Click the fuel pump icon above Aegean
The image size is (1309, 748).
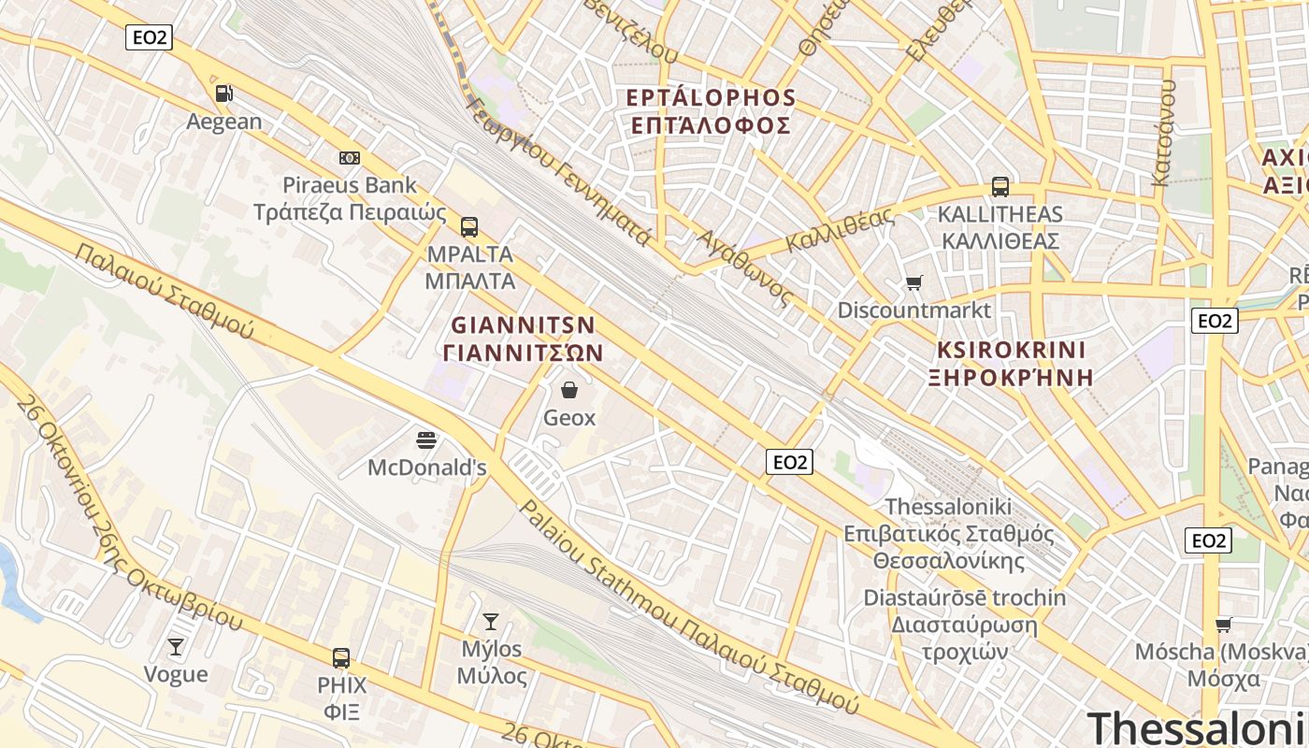[x=223, y=93]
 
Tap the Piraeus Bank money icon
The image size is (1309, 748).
[x=350, y=158]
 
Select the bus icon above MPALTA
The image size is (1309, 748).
[x=469, y=226]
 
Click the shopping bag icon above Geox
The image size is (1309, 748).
[x=568, y=390]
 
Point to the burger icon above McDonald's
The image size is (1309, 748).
[x=426, y=439]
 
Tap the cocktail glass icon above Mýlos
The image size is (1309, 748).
[x=490, y=621]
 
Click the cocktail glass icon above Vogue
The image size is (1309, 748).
[x=176, y=646]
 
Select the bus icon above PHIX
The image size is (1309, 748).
[x=341, y=657]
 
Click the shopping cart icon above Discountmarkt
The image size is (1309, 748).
[x=913, y=282]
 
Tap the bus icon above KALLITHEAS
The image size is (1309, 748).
[x=1000, y=186]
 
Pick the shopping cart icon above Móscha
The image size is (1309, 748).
[x=1223, y=625]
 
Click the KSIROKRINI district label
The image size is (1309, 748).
[x=1012, y=351]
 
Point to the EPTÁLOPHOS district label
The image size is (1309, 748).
[x=711, y=98]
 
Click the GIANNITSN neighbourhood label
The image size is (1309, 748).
[x=524, y=325]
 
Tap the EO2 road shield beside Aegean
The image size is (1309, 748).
[x=149, y=37]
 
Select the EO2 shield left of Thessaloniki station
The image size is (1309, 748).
[x=789, y=461]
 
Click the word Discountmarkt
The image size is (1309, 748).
[x=913, y=309]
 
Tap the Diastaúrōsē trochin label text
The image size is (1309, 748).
[x=964, y=597]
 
